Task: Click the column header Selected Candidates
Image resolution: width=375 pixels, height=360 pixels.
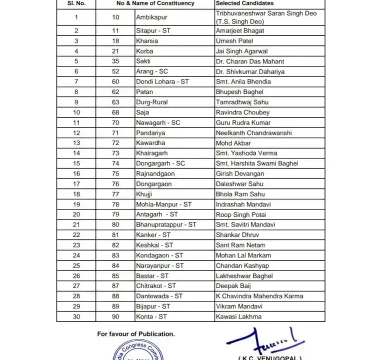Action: coord(244,3)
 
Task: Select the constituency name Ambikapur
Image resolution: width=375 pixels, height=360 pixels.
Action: coord(151,17)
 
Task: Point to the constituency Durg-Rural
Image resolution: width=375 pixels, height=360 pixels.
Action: coord(151,102)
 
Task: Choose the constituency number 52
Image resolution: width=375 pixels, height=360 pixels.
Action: coord(115,71)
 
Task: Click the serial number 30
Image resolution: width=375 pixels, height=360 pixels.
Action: coord(76,316)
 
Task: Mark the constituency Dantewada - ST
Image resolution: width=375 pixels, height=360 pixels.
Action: coord(159,296)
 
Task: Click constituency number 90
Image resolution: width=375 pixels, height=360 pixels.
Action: coord(115,316)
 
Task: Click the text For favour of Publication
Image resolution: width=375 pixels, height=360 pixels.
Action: coord(135,333)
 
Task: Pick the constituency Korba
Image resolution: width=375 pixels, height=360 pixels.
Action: coord(144,51)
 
